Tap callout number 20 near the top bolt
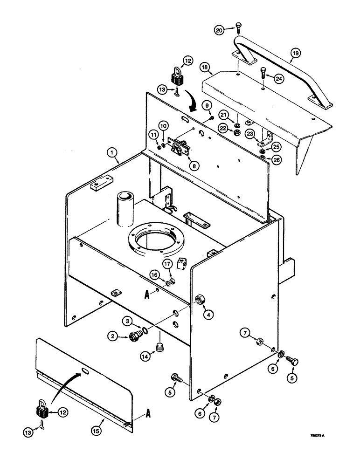(x=219, y=30)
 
